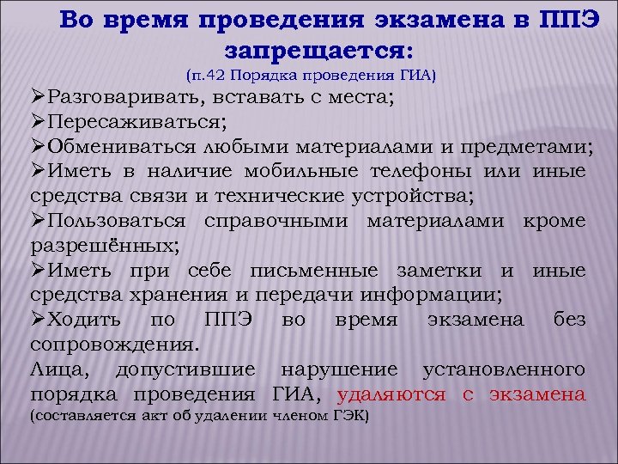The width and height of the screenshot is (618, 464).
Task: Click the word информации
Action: tap(434, 295)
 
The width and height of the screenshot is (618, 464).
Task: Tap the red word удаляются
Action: tap(391, 395)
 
